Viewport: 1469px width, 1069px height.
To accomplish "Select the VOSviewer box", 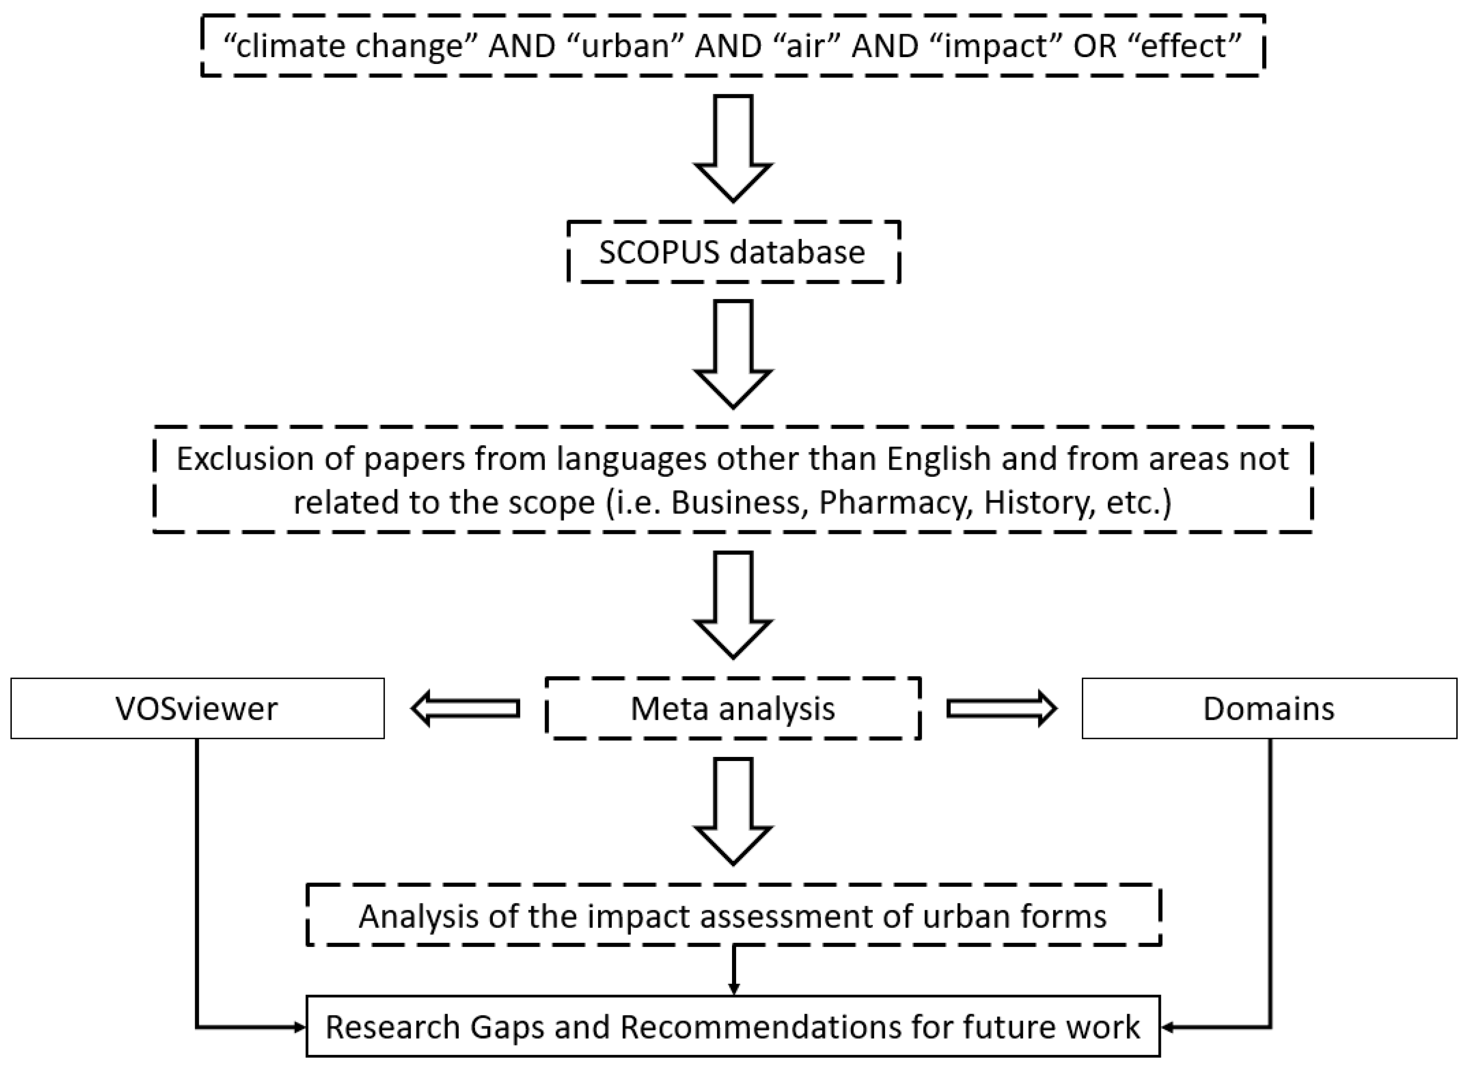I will click(x=197, y=708).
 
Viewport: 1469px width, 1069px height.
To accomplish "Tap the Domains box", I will click(x=1269, y=708).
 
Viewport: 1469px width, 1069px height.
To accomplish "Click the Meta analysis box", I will click(x=733, y=708).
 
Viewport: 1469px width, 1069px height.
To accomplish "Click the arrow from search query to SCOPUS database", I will click(x=733, y=149).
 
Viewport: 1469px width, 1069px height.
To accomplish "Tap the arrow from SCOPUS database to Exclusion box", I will click(x=733, y=355).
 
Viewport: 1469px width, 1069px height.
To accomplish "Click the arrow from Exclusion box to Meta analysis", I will click(x=733, y=605).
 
